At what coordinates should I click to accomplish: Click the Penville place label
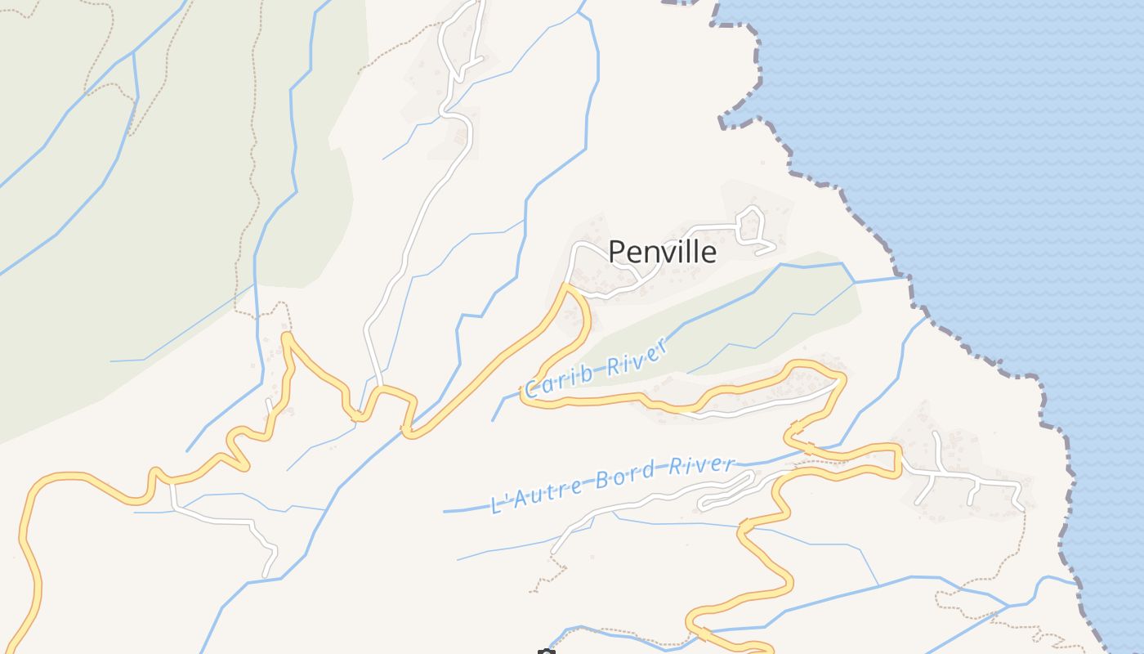coord(663,252)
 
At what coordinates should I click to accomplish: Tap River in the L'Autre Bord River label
coord(702,465)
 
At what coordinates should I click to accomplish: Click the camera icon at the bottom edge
coord(546,652)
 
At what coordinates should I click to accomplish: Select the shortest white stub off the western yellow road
coord(270,405)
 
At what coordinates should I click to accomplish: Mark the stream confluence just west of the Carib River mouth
coord(855,282)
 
